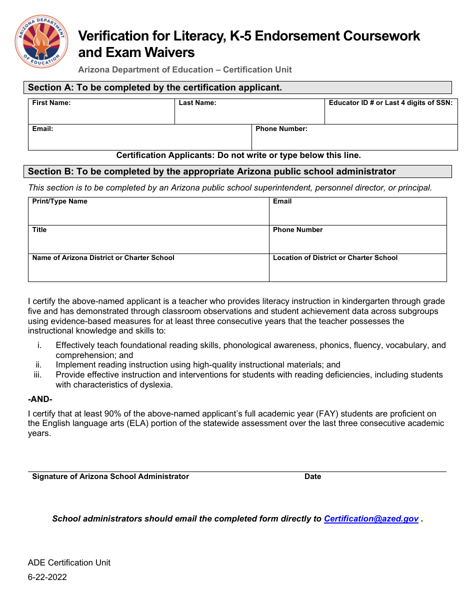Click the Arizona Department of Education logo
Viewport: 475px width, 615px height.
click(x=41, y=41)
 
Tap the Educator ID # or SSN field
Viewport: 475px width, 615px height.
click(x=390, y=115)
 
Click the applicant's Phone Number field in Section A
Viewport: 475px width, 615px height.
click(x=354, y=140)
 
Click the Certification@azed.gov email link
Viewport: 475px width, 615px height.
click(x=371, y=519)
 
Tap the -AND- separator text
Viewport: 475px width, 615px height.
click(x=40, y=399)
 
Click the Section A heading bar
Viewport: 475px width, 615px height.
click(x=237, y=87)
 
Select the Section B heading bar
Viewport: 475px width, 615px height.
click(x=237, y=171)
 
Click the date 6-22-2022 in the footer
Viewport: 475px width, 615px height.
click(x=47, y=577)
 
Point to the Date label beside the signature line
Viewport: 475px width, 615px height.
click(x=312, y=476)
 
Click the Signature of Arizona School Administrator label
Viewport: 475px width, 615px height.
click(x=110, y=476)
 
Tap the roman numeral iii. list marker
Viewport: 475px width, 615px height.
click(x=37, y=375)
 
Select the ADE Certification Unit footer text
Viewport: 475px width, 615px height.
click(x=69, y=562)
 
